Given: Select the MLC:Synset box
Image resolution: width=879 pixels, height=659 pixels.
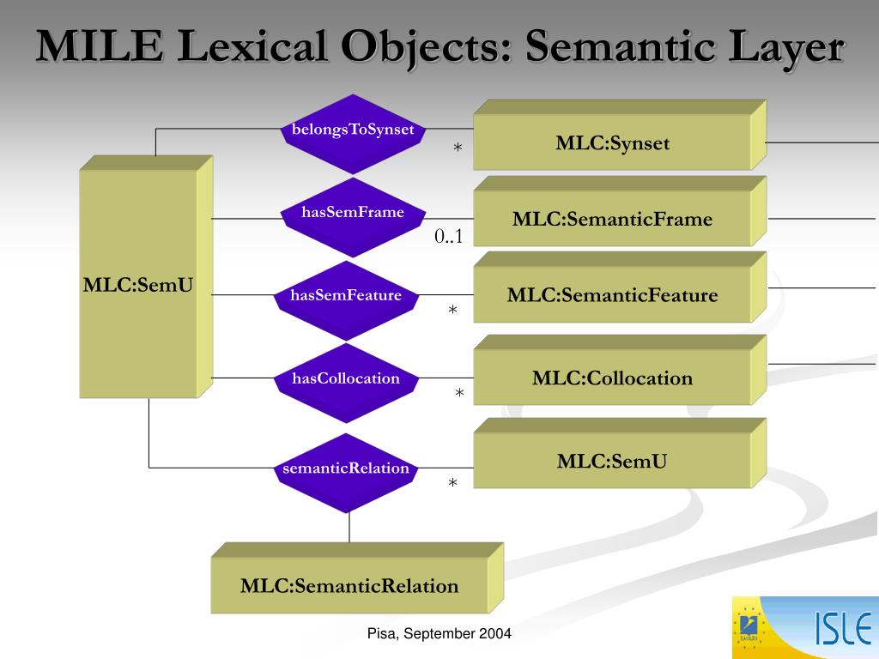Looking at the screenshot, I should tap(611, 143).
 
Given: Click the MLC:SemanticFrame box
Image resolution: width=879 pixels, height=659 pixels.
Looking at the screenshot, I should tap(611, 220).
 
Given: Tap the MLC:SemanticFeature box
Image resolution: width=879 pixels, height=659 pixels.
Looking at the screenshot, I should tap(611, 296).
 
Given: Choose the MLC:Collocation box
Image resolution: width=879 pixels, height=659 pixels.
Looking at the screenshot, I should tap(611, 378).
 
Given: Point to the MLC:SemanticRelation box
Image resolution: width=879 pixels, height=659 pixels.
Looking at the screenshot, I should tap(349, 587).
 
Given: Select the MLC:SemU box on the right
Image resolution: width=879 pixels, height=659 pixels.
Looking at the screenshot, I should tap(611, 462).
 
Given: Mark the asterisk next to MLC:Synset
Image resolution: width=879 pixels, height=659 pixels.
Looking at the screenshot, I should tap(458, 149).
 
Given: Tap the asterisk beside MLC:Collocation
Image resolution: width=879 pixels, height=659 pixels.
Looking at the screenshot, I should tap(459, 394).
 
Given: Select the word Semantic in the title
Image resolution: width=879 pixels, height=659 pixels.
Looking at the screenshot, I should tap(603, 47).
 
